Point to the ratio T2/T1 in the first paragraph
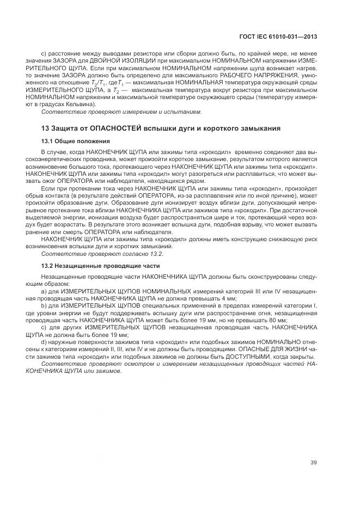tap(99, 82)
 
